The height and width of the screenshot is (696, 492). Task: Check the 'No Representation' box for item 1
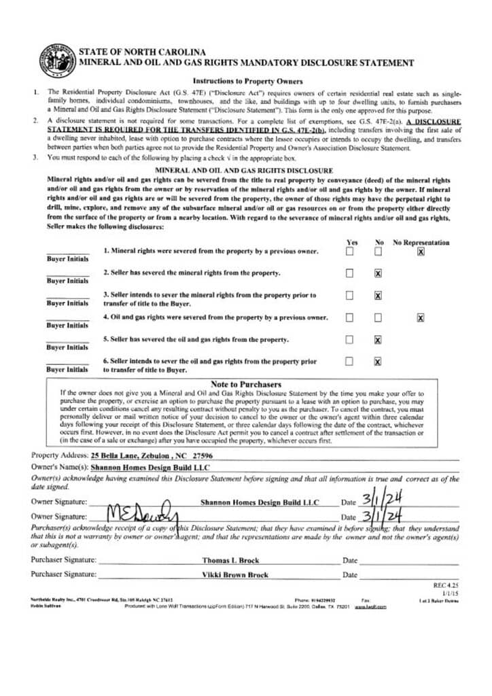pyautogui.click(x=421, y=251)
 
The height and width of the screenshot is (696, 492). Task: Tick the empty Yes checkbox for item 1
pyautogui.click(x=349, y=251)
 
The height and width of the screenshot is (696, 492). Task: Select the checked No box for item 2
pyautogui.click(x=378, y=273)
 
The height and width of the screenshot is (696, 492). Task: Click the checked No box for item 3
pyautogui.click(x=378, y=296)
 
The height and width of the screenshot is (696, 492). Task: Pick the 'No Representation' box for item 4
pyautogui.click(x=421, y=317)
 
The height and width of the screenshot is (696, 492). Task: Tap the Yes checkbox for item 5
pyautogui.click(x=349, y=340)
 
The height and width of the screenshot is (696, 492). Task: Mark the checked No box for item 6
pyautogui.click(x=378, y=362)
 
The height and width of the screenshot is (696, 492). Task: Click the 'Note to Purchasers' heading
pyautogui.click(x=245, y=385)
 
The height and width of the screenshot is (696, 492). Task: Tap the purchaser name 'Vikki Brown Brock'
pyautogui.click(x=235, y=575)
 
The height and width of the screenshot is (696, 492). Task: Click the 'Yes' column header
pyautogui.click(x=352, y=242)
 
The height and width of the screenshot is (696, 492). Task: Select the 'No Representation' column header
pyautogui.click(x=421, y=242)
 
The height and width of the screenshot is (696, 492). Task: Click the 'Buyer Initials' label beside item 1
pyautogui.click(x=67, y=259)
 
